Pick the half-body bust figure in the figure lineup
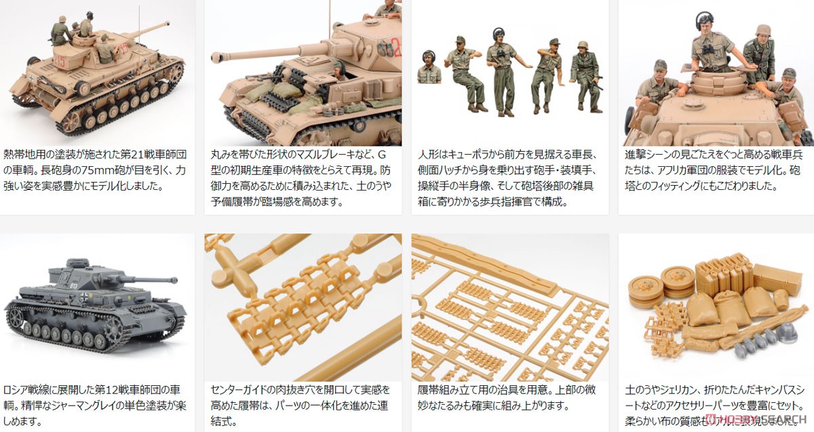(429, 68)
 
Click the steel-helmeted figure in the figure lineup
(585, 75)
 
